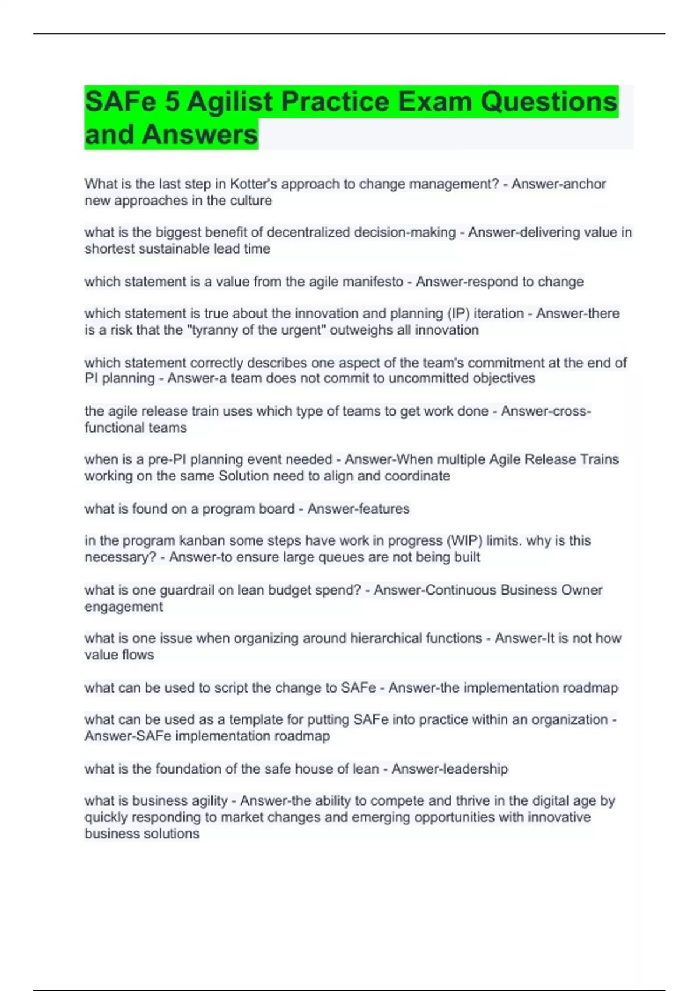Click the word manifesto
click(x=373, y=282)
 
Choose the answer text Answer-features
click(x=358, y=509)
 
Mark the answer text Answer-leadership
click(x=449, y=769)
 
